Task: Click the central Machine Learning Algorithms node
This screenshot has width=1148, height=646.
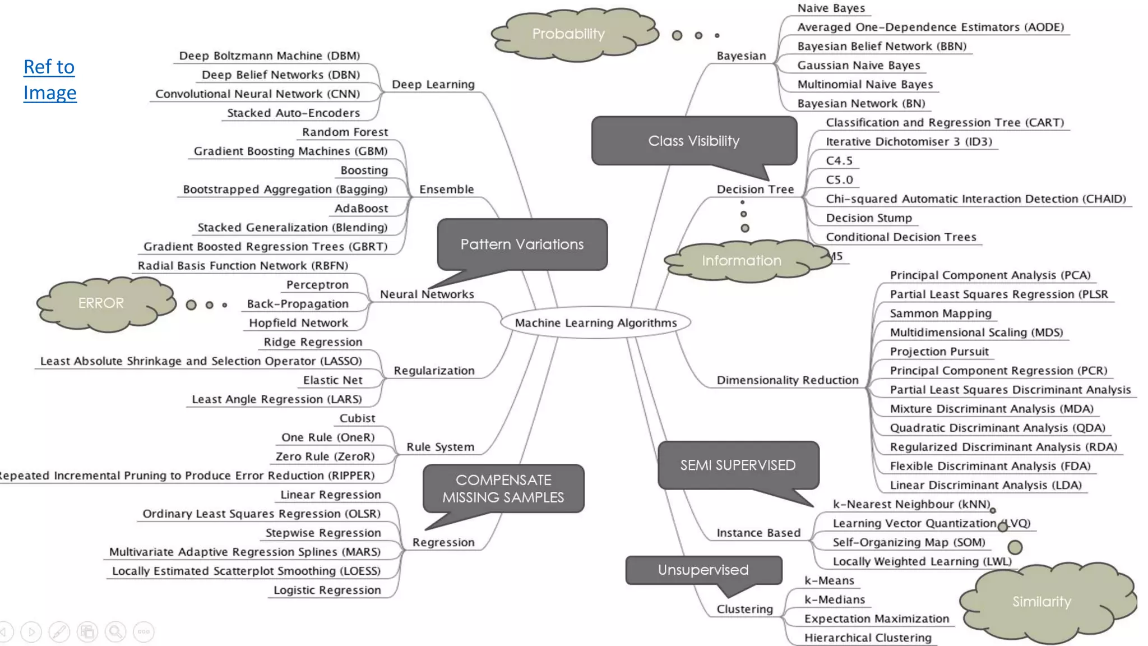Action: coord(595,322)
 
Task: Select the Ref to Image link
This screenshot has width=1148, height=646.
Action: coord(49,80)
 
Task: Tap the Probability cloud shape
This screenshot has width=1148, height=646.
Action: coord(568,34)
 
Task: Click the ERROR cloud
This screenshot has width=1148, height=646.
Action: coord(101,303)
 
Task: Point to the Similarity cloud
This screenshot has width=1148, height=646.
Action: coord(1041,602)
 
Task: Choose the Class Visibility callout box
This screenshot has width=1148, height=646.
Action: coord(694,141)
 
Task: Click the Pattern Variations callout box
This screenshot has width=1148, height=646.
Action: coord(522,244)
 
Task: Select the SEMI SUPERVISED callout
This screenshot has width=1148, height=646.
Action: coord(738,465)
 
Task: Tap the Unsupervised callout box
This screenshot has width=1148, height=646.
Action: coord(703,570)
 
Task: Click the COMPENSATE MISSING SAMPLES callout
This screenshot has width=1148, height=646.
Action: coord(503,488)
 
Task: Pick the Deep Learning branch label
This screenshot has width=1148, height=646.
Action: coord(433,84)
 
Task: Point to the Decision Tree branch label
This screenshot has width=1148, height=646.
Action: coord(755,190)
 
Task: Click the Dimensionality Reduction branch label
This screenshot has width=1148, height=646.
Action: coord(787,380)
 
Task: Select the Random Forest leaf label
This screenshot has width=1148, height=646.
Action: coord(345,132)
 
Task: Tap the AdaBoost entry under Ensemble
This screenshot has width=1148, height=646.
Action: coord(361,209)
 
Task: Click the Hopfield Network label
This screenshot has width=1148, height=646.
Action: coord(298,323)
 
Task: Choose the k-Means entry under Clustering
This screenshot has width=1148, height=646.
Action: coord(829,580)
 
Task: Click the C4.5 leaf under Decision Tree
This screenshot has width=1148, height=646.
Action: coord(839,161)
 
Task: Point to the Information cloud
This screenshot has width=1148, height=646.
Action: coord(741,260)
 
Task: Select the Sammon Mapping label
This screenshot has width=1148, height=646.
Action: coord(940,313)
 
